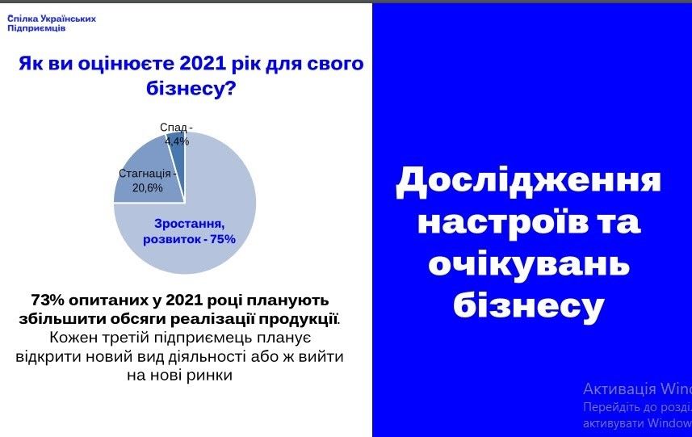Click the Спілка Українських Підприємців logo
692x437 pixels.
click(51, 23)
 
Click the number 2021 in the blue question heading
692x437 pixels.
click(203, 64)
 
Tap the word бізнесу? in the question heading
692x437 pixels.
click(191, 88)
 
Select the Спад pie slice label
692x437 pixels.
click(174, 127)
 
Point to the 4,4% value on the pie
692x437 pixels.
click(177, 141)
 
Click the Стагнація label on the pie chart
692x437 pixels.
click(145, 174)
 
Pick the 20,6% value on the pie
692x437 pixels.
click(148, 188)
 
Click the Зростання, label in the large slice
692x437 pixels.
click(189, 225)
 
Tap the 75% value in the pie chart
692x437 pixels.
click(224, 239)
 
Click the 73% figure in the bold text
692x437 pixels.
click(48, 300)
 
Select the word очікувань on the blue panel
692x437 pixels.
click(529, 264)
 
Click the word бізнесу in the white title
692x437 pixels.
click(528, 306)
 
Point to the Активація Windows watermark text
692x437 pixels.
click(637, 389)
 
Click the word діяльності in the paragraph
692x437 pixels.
click(208, 357)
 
